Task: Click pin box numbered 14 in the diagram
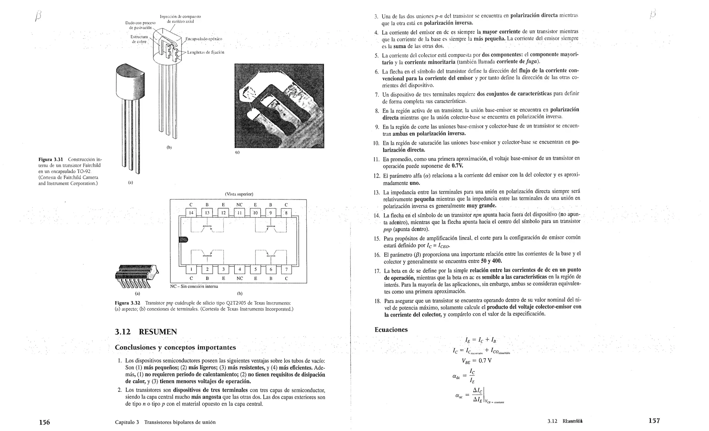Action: pos(191,213)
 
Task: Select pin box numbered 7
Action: pos(286,270)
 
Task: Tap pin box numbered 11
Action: pos(239,213)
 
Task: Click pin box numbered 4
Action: pos(239,270)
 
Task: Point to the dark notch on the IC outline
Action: pos(183,240)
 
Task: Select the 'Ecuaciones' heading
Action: pos(391,329)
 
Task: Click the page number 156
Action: pos(44,422)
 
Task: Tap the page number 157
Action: pos(654,421)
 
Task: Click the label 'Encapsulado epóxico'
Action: pos(204,39)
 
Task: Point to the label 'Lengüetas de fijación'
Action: pos(206,52)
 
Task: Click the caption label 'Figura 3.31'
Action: pos(51,159)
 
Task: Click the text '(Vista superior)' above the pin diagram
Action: pos(239,194)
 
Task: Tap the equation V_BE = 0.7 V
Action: pos(476,361)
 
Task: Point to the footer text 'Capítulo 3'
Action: pos(127,422)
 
